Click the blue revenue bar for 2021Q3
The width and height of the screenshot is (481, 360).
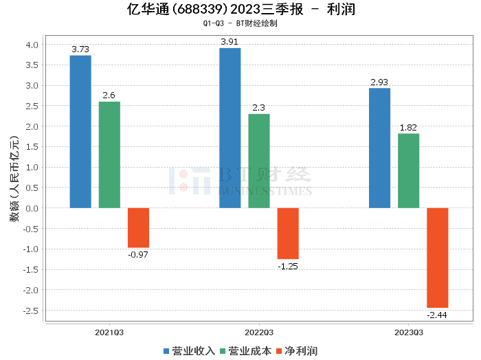(80, 131)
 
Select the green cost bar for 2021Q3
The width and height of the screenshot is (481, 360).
(109, 155)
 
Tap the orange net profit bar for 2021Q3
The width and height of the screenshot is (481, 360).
(138, 227)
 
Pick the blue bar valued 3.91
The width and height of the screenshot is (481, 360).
(230, 128)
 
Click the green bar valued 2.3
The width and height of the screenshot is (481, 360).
(259, 161)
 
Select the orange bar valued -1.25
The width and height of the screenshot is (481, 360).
(288, 233)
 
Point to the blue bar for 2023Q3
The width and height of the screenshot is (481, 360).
(379, 148)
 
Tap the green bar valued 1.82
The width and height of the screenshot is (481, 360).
(408, 170)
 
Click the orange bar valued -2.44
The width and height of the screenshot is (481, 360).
(437, 258)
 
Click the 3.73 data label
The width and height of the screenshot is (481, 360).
(80, 49)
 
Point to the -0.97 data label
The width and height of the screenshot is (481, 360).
(138, 254)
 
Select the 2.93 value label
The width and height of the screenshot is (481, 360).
(379, 82)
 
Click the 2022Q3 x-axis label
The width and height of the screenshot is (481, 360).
(259, 333)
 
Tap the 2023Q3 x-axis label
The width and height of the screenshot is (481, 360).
(408, 333)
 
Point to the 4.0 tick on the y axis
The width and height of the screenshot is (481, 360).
(32, 45)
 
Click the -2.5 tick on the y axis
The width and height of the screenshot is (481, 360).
(31, 311)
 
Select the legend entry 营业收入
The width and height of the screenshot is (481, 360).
(188, 351)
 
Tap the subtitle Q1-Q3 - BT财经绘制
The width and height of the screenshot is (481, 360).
(240, 23)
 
